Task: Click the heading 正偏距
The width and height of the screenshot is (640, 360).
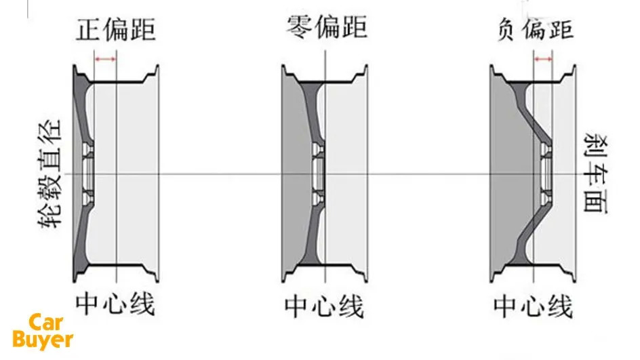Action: point(117,31)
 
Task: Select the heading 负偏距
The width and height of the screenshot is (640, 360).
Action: point(535,31)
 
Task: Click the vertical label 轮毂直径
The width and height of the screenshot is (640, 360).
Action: point(52,174)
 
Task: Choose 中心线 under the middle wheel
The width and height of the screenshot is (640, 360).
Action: point(325,306)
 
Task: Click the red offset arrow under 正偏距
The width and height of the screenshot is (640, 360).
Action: point(105,60)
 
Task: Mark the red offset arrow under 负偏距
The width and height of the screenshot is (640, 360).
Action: point(543,60)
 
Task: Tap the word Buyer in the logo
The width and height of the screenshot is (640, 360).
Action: point(42,339)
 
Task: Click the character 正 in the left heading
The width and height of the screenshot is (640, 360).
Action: point(91,31)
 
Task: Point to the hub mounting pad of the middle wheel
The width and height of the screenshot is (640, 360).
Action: point(318,174)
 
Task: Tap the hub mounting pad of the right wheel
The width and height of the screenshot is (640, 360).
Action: point(546,174)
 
